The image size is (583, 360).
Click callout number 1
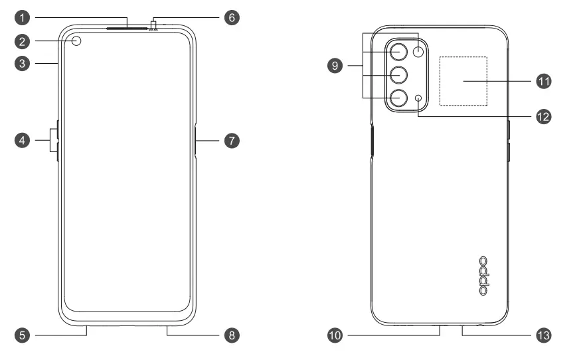(x=21, y=16)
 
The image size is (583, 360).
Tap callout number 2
(x=21, y=42)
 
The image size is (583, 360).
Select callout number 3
(x=21, y=64)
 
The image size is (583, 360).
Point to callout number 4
(x=21, y=140)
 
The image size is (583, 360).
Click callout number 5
(x=21, y=335)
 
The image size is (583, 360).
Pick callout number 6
(x=231, y=16)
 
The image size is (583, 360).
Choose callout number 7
(x=231, y=140)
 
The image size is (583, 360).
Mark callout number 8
(x=231, y=335)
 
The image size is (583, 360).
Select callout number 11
(x=544, y=81)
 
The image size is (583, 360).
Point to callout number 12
(x=544, y=115)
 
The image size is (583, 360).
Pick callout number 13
(x=544, y=335)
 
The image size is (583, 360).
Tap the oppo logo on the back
(x=484, y=276)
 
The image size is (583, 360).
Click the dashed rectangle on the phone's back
(x=463, y=81)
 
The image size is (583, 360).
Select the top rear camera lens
(x=398, y=52)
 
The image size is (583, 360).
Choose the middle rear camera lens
(x=398, y=74)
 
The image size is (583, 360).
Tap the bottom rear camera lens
(x=398, y=98)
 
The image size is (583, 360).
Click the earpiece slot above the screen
(x=125, y=29)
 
